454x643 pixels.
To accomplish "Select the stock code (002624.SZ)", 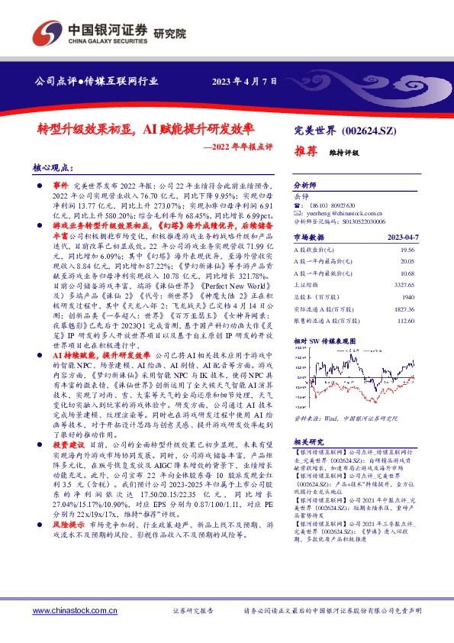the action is tap(360, 131).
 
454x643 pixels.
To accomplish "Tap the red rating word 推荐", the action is tap(307, 152).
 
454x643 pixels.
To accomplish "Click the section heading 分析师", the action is tap(305, 186).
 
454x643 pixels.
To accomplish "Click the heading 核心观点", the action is tap(53, 166).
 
